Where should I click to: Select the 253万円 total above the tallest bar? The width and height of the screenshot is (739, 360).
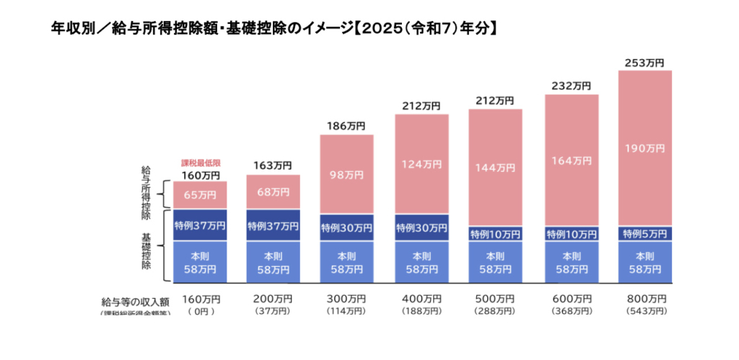[x=644, y=63]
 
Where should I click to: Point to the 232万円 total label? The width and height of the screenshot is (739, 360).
[x=571, y=86]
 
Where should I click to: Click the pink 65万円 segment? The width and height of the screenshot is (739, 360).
[x=200, y=195]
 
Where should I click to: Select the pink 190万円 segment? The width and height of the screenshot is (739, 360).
[x=644, y=149]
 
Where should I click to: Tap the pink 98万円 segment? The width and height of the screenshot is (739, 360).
[x=346, y=175]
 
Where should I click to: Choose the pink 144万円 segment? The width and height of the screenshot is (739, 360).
[x=495, y=167]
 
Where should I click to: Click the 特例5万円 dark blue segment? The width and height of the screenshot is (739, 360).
[x=644, y=234]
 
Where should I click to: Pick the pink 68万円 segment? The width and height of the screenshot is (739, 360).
[x=274, y=192]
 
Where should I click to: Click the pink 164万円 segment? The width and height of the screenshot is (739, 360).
[x=571, y=160]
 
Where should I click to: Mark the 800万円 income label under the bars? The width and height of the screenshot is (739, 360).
[x=644, y=299]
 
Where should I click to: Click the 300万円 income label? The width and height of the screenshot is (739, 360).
[x=346, y=299]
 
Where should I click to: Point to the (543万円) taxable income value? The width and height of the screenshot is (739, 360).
[x=644, y=311]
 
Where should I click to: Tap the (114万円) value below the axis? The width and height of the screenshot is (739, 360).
[x=346, y=311]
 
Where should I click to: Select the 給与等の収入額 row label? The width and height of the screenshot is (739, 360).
[x=135, y=302]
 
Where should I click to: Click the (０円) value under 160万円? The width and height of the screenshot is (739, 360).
[x=200, y=311]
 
